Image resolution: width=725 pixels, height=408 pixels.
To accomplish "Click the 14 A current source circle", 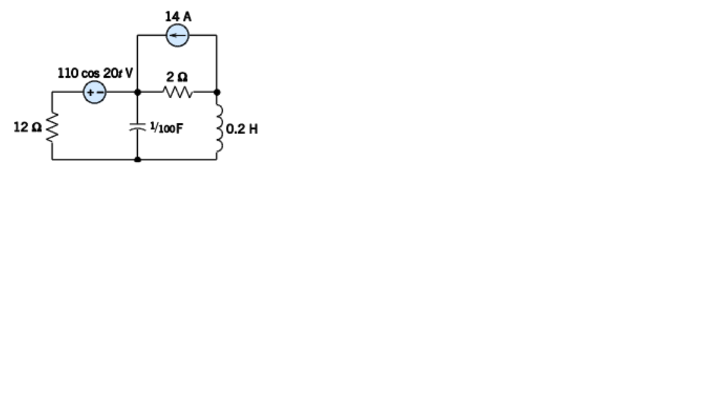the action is tap(177, 37).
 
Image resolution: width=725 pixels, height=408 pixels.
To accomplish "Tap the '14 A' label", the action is tap(177, 17).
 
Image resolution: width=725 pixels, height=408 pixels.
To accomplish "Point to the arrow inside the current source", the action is tap(177, 37).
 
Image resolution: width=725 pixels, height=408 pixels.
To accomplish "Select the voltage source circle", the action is tap(94, 93).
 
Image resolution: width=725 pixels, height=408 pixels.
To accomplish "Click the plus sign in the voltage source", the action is tap(90, 93).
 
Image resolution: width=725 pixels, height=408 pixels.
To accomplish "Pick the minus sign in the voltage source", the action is tap(99, 93).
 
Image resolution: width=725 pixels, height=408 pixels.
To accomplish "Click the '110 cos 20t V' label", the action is tap(95, 74).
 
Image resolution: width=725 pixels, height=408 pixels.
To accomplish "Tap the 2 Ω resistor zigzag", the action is tap(177, 93).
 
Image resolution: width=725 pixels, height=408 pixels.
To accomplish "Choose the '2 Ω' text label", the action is tap(177, 77).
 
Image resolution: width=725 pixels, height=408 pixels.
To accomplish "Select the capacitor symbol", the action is tap(137, 127).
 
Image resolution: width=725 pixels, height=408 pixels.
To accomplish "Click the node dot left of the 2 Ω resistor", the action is tap(137, 92).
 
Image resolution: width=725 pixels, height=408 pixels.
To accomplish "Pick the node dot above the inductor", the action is tap(217, 92).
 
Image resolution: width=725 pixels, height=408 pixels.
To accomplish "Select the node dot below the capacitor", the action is tap(137, 159).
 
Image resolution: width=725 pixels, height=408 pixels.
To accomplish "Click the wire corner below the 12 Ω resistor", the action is tap(52, 159).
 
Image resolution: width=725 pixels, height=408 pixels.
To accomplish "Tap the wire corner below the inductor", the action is tap(217, 159).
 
